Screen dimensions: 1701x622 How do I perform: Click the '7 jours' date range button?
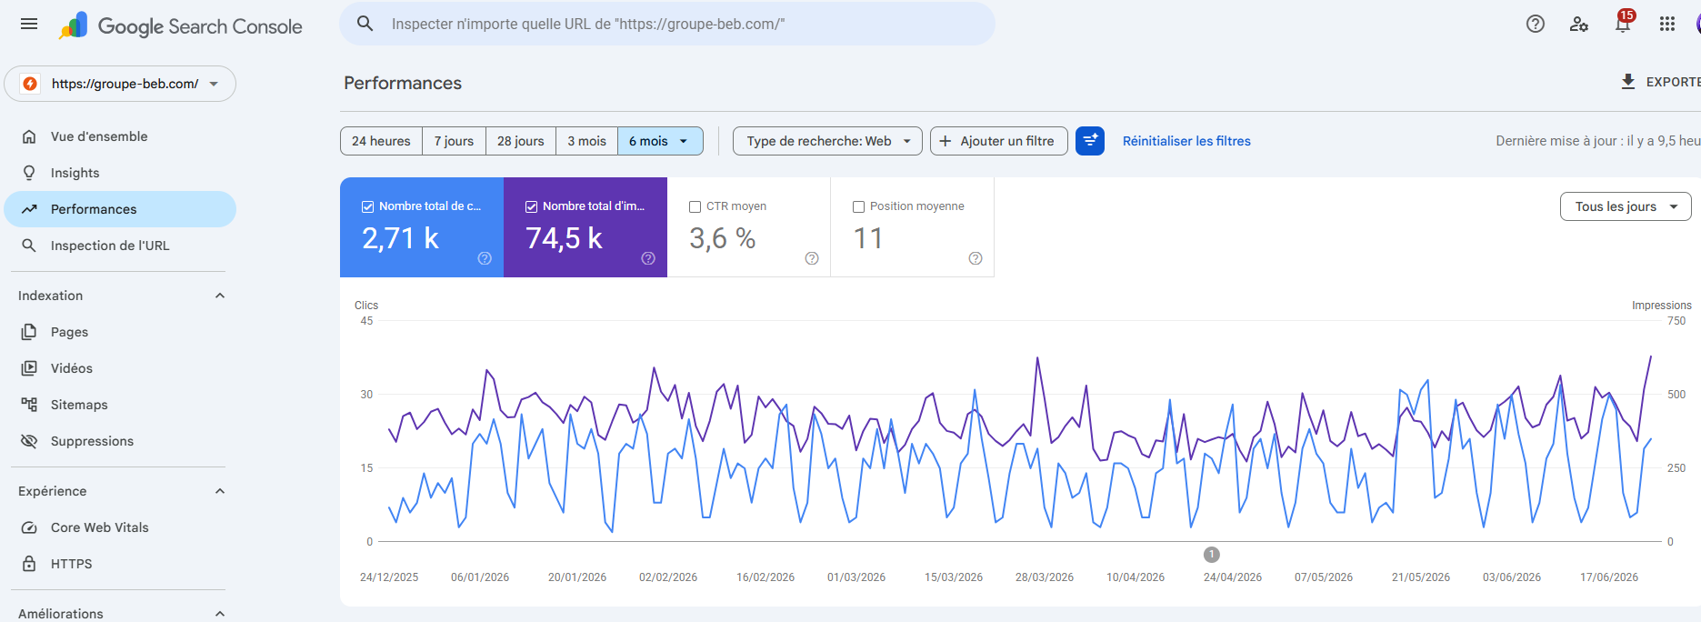454,141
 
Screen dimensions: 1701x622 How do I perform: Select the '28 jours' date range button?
521,141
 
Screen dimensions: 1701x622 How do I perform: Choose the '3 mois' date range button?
586,141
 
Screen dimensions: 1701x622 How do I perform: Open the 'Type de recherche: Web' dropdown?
827,141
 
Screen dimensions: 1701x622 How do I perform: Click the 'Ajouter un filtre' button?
998,141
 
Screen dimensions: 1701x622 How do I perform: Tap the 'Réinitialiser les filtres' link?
1186,141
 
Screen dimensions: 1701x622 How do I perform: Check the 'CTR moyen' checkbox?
695,207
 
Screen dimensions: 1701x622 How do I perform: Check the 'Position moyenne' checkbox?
859,207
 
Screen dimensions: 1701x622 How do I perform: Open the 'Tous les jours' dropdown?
1626,206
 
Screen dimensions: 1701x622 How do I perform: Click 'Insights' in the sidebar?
75,173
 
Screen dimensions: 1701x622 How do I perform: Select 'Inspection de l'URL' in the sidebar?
110,246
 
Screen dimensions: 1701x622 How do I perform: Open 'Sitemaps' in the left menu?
79,405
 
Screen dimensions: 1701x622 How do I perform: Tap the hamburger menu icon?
29,24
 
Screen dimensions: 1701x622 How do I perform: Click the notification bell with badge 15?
1623,23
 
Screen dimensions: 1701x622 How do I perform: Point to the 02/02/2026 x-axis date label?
668,577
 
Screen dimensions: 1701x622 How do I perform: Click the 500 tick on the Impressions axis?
1676,395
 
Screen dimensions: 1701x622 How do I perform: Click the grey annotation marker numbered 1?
1212,555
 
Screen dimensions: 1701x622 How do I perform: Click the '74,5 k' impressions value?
564,238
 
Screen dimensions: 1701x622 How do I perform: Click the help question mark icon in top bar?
1536,25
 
